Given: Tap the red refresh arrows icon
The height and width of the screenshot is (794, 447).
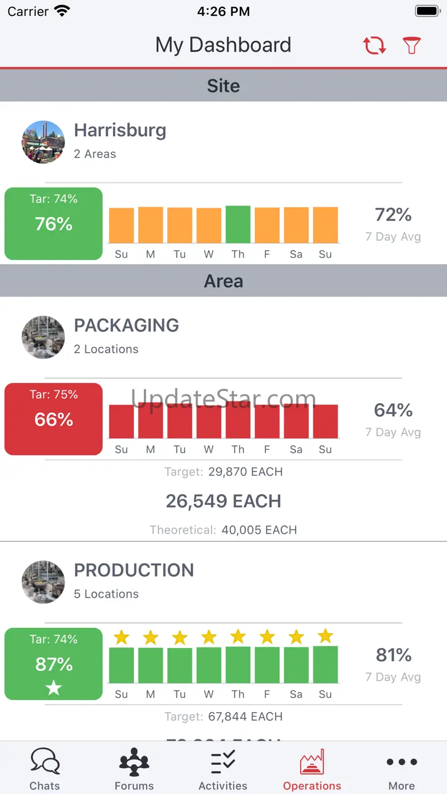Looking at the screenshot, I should (374, 45).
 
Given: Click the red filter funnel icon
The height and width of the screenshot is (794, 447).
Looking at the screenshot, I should (411, 45).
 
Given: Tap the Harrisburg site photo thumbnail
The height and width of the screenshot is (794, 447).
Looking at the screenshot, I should (43, 142).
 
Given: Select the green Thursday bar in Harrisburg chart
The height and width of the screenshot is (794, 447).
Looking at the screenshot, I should (238, 224).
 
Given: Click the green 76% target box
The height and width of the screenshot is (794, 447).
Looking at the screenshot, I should (53, 223).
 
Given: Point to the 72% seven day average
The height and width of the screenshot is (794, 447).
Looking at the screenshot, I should (393, 215).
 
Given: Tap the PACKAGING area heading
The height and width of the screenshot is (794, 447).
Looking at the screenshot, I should (127, 325).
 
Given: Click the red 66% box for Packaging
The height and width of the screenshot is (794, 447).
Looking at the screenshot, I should (53, 419).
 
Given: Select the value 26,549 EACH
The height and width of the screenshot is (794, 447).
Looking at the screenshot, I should (223, 501).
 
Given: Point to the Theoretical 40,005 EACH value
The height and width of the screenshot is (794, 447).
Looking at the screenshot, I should (259, 530).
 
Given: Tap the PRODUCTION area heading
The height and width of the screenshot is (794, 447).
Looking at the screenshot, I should (134, 570).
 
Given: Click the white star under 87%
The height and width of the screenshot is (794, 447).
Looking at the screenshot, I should (54, 688).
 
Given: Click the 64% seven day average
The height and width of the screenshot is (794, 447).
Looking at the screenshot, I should (393, 410).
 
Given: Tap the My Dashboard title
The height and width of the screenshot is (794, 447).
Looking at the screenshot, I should (223, 45).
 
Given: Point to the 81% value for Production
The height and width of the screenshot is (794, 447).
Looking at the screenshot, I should (393, 655).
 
